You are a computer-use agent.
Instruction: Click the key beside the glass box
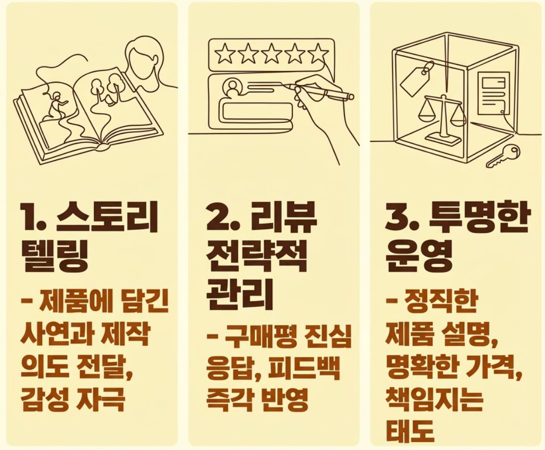503,156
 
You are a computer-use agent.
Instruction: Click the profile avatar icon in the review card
233,88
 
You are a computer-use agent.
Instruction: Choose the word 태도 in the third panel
410,431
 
